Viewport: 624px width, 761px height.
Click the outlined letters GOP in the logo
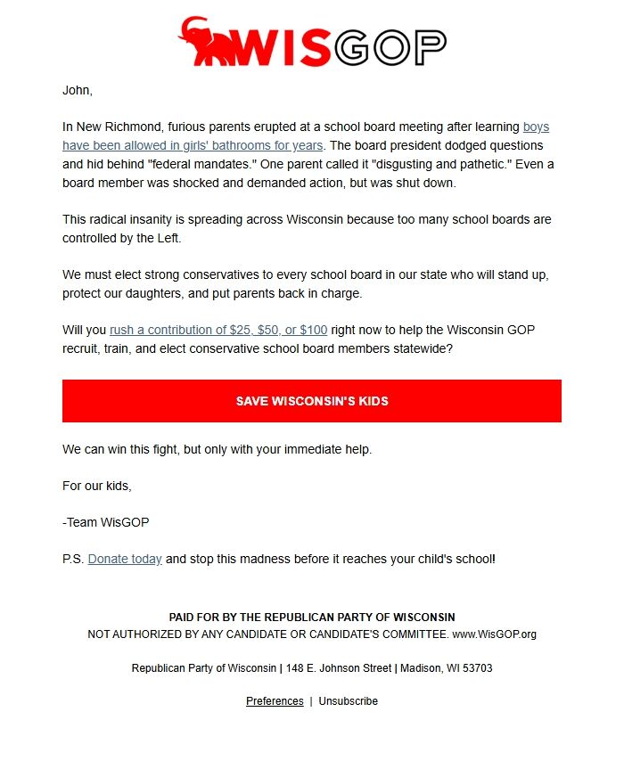[390, 47]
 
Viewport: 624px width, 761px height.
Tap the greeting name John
[77, 90]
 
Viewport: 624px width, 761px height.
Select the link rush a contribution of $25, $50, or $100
[218, 330]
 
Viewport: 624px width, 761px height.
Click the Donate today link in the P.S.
[125, 559]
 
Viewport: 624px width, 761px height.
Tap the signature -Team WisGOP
[100, 522]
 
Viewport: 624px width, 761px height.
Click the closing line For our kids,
[96, 486]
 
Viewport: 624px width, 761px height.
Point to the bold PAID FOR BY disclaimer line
[312, 618]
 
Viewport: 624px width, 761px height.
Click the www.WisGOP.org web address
[495, 634]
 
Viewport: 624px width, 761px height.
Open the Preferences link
[275, 701]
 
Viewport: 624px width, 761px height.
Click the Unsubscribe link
[349, 701]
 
